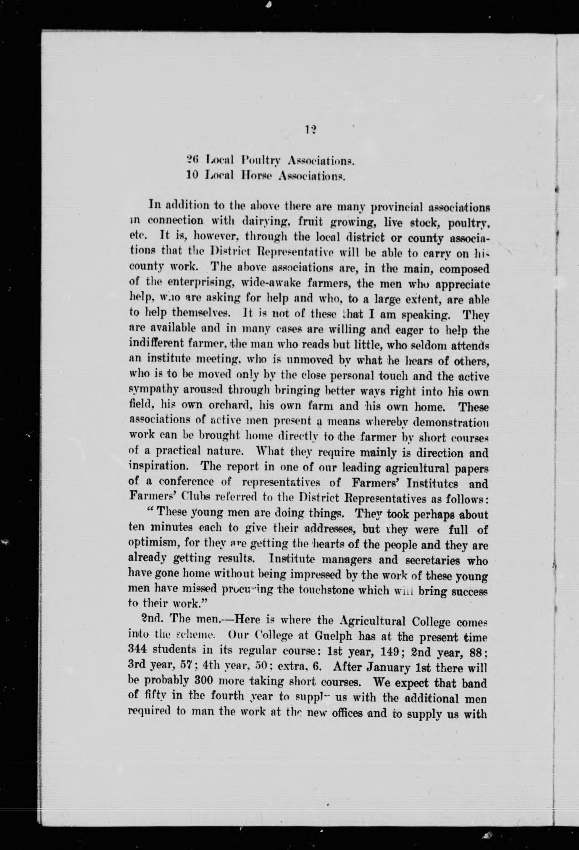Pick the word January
tap(391, 667)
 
